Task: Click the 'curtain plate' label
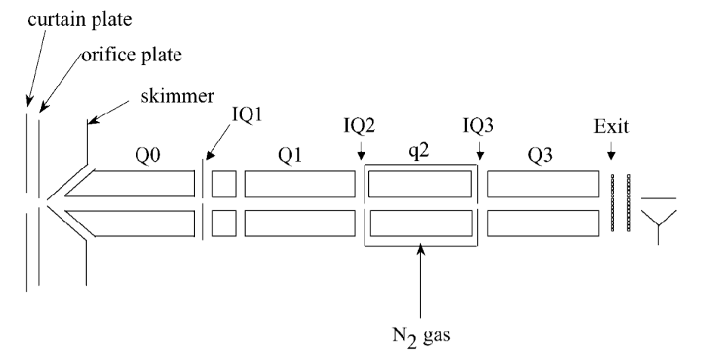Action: [79, 20]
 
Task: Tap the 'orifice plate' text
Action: [132, 54]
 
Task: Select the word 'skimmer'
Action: [177, 96]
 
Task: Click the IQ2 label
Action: [359, 126]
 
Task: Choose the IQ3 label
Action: [478, 126]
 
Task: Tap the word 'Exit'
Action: [611, 126]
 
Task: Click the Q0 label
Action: [147, 156]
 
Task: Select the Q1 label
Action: [290, 156]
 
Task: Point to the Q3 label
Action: [540, 156]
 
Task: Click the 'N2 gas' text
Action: [421, 335]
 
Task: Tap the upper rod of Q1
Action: [300, 184]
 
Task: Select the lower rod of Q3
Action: [543, 223]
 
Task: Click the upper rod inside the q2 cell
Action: [420, 184]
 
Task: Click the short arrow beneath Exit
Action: [611, 151]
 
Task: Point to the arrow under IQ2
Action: [361, 151]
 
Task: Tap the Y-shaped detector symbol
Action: [658, 221]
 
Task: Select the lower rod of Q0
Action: [130, 223]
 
